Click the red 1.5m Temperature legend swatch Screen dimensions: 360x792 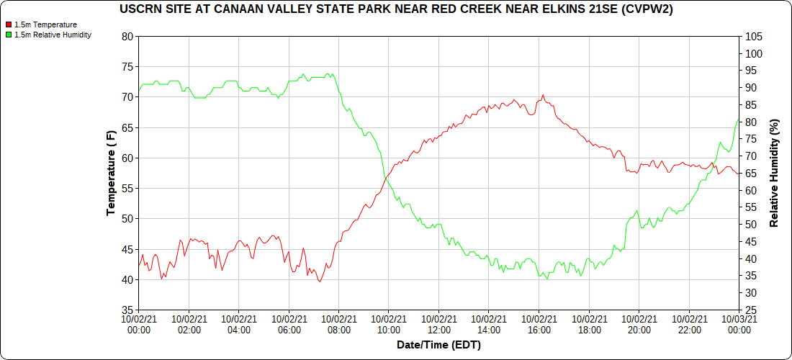coord(9,24)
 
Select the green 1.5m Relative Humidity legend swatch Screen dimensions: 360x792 coord(9,35)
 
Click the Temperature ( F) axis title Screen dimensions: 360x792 coord(111,174)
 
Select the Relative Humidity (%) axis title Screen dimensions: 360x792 coord(775,174)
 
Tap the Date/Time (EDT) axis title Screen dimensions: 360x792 coord(438,345)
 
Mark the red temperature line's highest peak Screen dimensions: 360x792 coord(543,95)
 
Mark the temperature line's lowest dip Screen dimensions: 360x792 coord(319,282)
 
